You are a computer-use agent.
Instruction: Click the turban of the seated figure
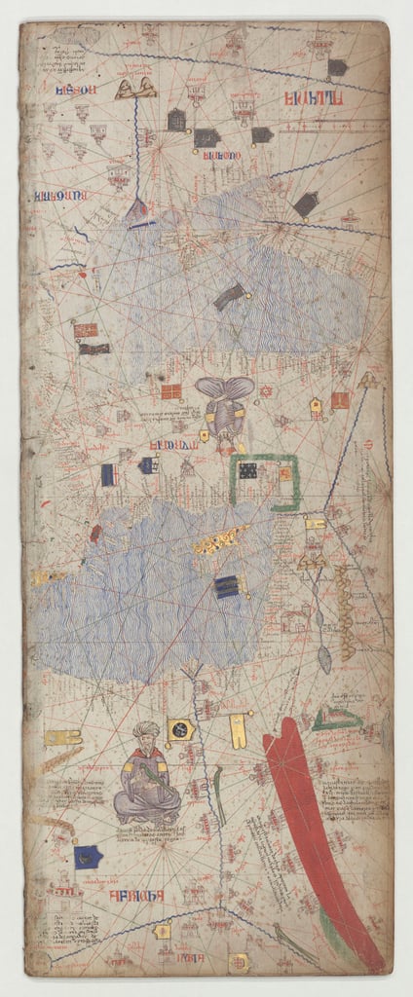coord(145,729)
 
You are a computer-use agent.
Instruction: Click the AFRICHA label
coord(133,893)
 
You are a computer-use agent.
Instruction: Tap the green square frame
coord(265,482)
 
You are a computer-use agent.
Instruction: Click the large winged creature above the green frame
coord(224,401)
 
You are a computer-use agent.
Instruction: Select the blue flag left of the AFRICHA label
coord(89,857)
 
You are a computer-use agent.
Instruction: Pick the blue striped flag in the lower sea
coord(227,587)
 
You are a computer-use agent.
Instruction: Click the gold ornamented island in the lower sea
coord(220,540)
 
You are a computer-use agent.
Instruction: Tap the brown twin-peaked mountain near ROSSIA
coord(136,90)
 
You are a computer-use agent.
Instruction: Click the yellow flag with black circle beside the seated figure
coord(180,729)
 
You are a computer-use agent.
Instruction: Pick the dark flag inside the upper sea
coord(229,295)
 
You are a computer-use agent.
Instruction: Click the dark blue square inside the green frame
coord(249,471)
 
